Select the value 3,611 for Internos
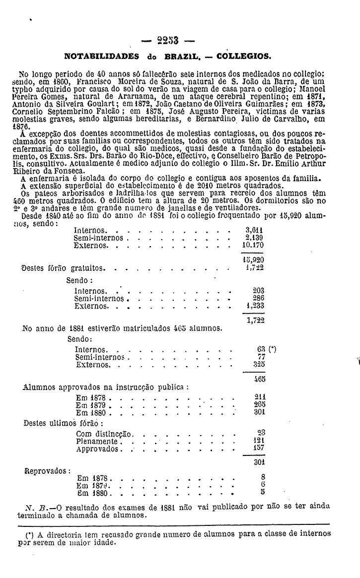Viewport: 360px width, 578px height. click(x=254, y=231)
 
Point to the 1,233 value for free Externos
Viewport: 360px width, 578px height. click(x=255, y=306)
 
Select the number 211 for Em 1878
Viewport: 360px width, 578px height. click(x=258, y=396)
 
